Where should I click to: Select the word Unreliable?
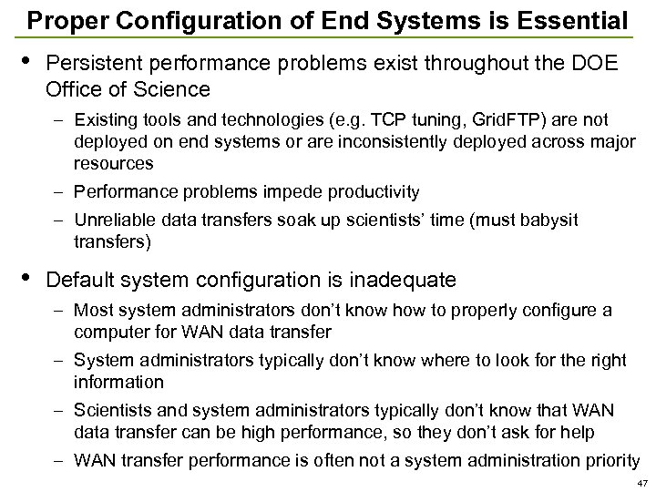click(117, 221)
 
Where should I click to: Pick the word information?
click(118, 382)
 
